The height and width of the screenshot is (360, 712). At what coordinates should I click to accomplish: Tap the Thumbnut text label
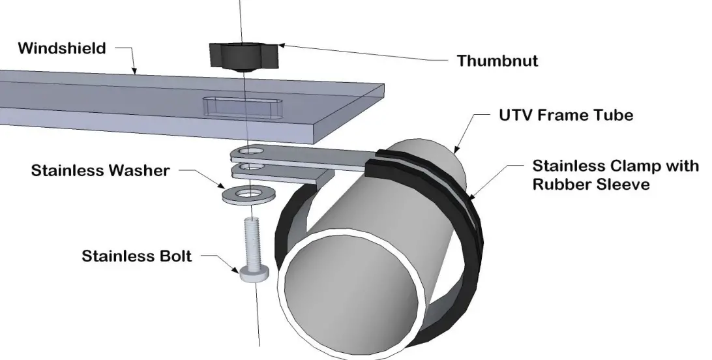click(x=497, y=61)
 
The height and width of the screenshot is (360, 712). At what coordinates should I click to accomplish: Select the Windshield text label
click(x=61, y=48)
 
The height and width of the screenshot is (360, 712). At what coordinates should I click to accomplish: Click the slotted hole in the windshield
click(x=244, y=106)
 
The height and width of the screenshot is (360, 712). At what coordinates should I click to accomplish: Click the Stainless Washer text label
click(x=100, y=172)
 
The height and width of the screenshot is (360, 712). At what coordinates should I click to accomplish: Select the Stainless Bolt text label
click(x=137, y=256)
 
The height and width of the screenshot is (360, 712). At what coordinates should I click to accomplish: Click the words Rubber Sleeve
click(x=591, y=185)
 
